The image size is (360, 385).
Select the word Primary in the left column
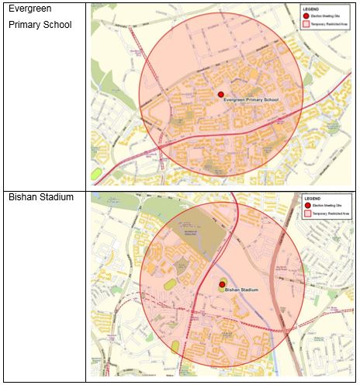click(26, 25)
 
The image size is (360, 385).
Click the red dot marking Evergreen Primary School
click(221, 94)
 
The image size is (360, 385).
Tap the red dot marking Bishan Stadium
click(222, 286)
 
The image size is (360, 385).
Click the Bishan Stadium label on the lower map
click(241, 292)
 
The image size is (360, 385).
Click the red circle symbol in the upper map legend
click(305, 16)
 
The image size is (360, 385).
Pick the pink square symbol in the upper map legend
click(305, 24)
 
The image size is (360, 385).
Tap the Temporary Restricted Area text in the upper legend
click(328, 24)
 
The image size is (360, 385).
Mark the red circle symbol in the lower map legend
click(308, 205)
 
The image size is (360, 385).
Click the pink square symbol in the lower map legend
click(308, 213)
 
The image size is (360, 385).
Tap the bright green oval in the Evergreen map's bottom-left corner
click(96, 173)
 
